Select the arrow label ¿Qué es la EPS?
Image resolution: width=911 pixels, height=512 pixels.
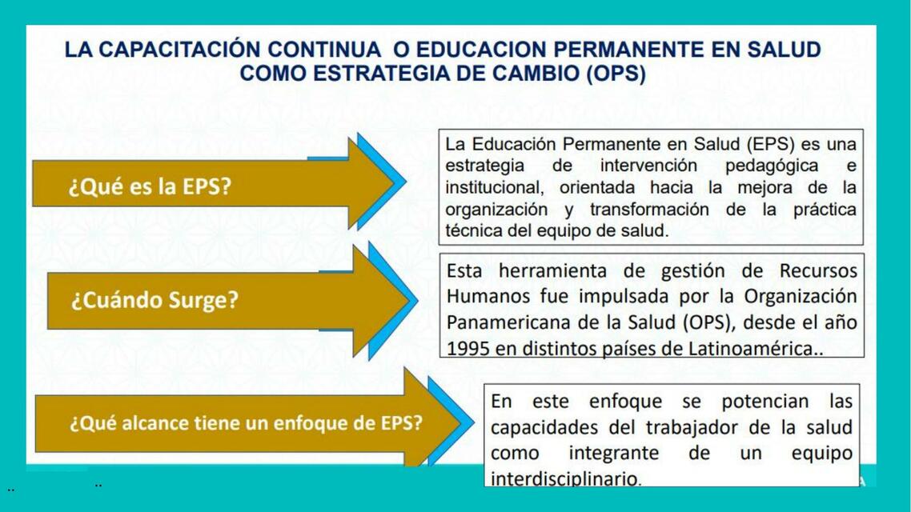coord(150,187)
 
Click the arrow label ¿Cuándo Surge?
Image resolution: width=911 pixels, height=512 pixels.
coord(155,301)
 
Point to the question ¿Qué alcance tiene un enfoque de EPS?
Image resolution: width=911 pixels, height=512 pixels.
coord(246,422)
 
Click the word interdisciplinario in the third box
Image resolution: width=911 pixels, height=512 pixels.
coord(565,479)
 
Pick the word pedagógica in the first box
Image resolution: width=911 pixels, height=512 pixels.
coord(771,166)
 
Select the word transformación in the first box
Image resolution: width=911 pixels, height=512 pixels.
coord(649,210)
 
